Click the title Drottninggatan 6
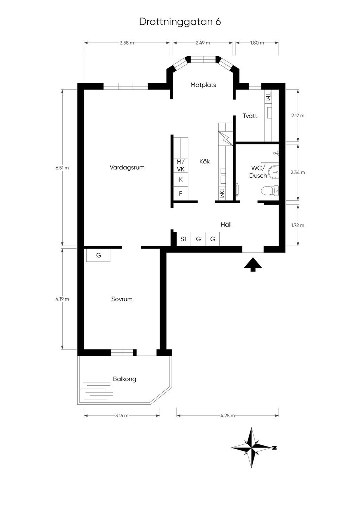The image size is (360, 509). (180, 22)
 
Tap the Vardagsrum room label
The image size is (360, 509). (127, 168)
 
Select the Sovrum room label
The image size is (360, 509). (122, 299)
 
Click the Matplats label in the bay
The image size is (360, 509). (203, 85)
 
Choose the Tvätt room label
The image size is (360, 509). (250, 116)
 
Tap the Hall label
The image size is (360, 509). (226, 224)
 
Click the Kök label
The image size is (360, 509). (205, 161)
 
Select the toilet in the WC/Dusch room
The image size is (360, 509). (270, 191)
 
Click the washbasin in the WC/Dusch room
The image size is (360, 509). (274, 172)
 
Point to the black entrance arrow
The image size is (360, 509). (253, 265)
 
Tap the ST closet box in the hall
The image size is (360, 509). (184, 239)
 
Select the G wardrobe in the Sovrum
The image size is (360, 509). (98, 255)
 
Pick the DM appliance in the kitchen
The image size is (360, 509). (222, 193)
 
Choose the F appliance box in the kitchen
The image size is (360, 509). (181, 193)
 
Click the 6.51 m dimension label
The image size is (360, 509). (62, 168)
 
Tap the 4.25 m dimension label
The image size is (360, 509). (228, 416)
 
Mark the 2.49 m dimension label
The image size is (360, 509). (203, 43)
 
